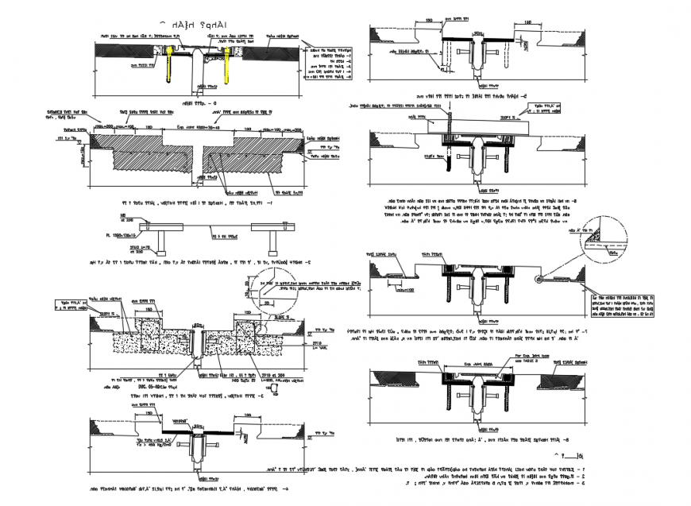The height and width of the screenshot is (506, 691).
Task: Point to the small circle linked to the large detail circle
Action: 538,279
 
